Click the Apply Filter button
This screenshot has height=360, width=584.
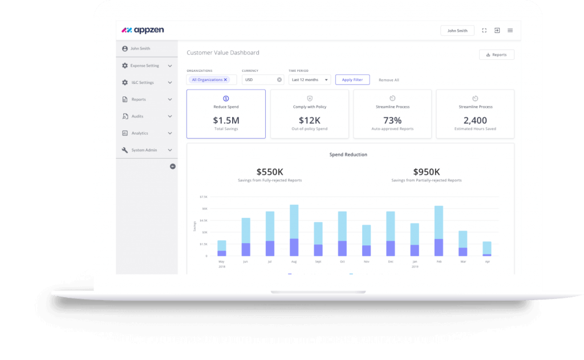click(352, 80)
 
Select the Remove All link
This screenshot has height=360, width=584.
click(389, 80)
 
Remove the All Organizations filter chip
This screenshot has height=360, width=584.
click(225, 80)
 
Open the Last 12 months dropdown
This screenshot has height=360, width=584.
click(310, 80)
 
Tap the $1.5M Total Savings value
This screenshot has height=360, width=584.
click(226, 120)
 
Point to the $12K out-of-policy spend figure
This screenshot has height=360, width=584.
click(310, 120)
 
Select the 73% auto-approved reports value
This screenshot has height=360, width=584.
click(392, 120)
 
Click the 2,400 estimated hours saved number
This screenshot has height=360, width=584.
click(475, 120)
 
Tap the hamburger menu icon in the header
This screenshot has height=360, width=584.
click(510, 31)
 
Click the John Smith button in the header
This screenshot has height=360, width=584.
click(457, 31)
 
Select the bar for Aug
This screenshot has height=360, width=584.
click(294, 230)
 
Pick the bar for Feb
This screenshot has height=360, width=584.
click(439, 230)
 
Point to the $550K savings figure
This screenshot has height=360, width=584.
click(270, 172)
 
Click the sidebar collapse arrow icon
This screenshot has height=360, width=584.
click(173, 167)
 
